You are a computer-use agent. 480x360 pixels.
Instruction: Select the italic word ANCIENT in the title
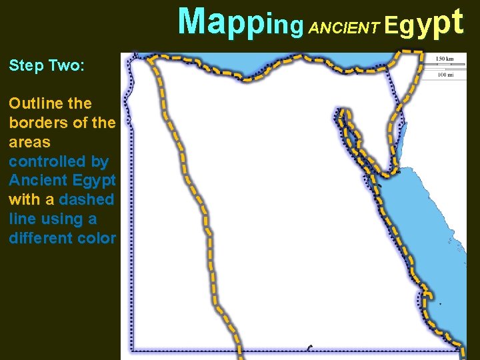[x=345, y=27]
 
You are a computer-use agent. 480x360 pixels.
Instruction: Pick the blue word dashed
[x=87, y=199]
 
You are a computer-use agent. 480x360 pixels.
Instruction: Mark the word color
[x=97, y=238]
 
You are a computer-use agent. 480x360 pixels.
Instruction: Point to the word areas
[x=29, y=142]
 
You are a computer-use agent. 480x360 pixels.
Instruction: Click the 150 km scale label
[x=445, y=59]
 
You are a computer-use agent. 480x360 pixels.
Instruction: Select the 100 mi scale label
[x=445, y=75]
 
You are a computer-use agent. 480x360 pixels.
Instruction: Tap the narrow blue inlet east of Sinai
[x=403, y=133]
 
